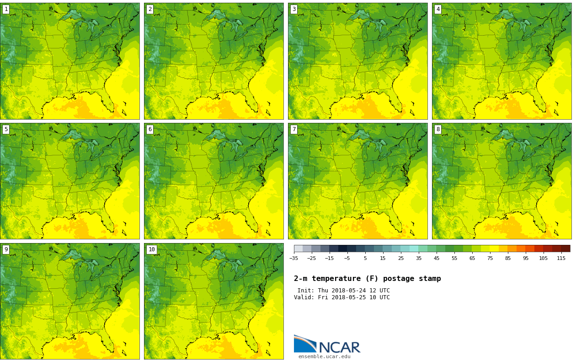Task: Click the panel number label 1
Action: click(x=6, y=9)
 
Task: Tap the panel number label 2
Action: click(x=150, y=9)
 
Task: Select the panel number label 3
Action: click(x=294, y=9)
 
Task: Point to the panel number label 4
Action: click(x=438, y=9)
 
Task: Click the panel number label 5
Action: click(x=6, y=129)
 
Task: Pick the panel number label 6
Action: click(x=150, y=129)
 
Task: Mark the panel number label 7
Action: click(x=294, y=129)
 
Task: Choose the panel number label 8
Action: click(x=438, y=129)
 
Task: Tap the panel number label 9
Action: click(x=6, y=249)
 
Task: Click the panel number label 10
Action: click(x=151, y=249)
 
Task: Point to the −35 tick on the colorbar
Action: click(x=293, y=258)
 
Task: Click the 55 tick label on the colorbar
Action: click(x=454, y=258)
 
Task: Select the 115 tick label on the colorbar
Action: click(x=561, y=258)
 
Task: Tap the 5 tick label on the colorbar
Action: click(x=365, y=258)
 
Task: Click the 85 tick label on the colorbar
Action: click(x=507, y=258)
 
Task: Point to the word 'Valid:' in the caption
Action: click(x=304, y=297)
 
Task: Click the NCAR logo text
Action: click(x=339, y=348)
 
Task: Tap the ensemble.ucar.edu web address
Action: click(x=324, y=357)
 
